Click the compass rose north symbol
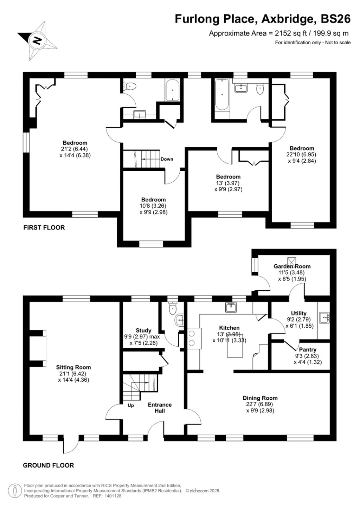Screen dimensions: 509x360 click(37, 40)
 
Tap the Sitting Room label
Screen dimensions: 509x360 click(73, 367)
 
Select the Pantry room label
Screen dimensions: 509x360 click(308, 349)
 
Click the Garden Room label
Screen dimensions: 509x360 click(292, 266)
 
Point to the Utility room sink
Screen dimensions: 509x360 click(324, 317)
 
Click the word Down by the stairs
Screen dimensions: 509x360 click(167, 159)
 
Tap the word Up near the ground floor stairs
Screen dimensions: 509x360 click(131, 405)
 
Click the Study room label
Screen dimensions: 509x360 click(143, 330)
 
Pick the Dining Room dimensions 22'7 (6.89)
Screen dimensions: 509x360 click(260, 404)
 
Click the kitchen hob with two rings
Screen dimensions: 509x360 click(193, 338)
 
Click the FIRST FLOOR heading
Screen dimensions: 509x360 click(44, 227)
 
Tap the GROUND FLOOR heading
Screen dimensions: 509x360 click(48, 465)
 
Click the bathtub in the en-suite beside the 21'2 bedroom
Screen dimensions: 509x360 click(172, 90)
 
